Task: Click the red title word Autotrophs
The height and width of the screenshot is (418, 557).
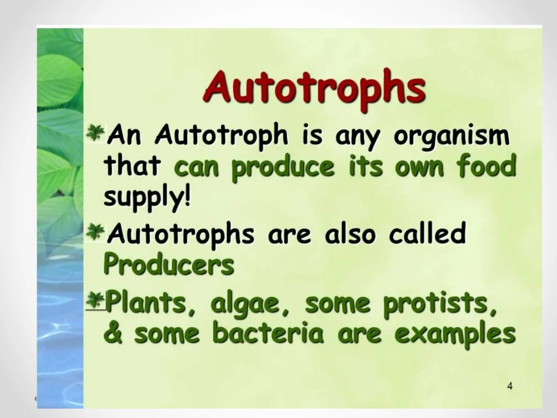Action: tap(314, 87)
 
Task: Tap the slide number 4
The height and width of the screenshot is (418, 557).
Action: tap(510, 386)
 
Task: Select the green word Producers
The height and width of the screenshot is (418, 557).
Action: tap(169, 265)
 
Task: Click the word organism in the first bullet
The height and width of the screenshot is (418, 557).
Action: tap(451, 136)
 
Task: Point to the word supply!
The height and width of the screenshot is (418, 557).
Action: tap(147, 198)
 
